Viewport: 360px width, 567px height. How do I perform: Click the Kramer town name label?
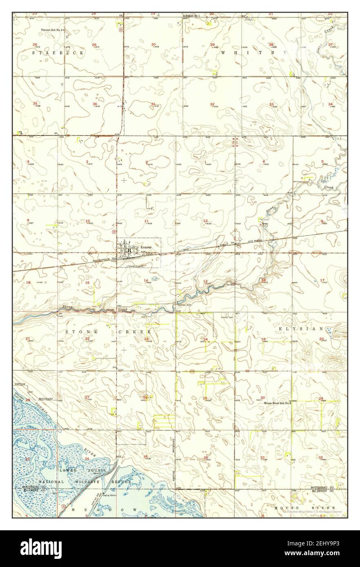[x=146, y=247]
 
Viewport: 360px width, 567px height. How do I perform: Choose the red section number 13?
[x=205, y=281]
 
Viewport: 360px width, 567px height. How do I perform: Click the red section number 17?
[x=322, y=280]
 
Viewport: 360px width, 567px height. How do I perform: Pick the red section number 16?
[x=28, y=282]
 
